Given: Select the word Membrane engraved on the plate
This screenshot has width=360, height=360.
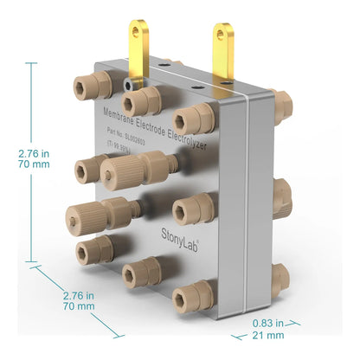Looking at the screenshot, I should [120, 110].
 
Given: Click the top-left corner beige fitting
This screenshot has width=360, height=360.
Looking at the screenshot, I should [90, 86].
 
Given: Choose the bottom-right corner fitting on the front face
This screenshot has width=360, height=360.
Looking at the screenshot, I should [193, 297].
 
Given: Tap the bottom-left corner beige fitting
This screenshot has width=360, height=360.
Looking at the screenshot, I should [93, 251].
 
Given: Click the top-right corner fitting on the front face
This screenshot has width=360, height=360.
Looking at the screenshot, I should [194, 119].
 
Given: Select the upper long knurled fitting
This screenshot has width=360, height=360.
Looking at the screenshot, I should [134, 168].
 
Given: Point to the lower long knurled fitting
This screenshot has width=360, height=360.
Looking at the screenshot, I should [100, 210].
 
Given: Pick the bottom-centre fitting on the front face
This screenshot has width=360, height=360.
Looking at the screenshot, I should [140, 275].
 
